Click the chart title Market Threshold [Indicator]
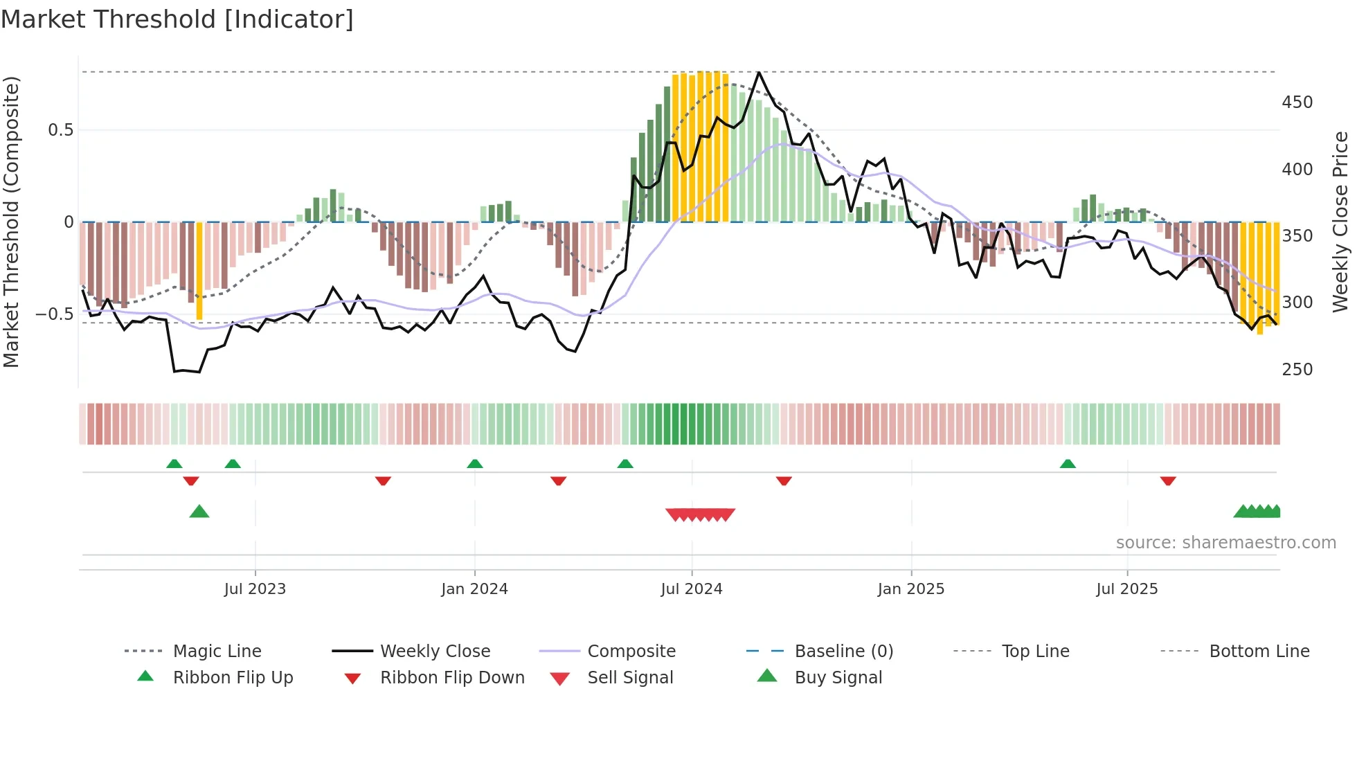tap(177, 19)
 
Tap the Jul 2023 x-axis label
tap(255, 589)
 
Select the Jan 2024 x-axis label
tap(474, 589)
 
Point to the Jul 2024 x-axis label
tap(691, 589)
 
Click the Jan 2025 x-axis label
tap(910, 589)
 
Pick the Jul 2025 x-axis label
tap(1126, 589)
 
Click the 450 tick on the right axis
tap(1297, 102)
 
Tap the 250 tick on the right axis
tap(1297, 370)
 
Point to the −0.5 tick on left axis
tap(54, 314)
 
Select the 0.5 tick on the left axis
tap(60, 130)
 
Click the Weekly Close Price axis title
tap(1340, 222)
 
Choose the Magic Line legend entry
tap(217, 652)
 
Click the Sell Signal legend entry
tap(630, 678)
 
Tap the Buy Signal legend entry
tap(838, 678)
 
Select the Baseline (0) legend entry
tap(843, 652)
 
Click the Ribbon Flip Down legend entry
tap(452, 678)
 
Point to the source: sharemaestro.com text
tap(1225, 543)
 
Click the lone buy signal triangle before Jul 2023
tap(199, 512)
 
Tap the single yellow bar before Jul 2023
tap(199, 271)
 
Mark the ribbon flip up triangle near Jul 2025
tap(1068, 464)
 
